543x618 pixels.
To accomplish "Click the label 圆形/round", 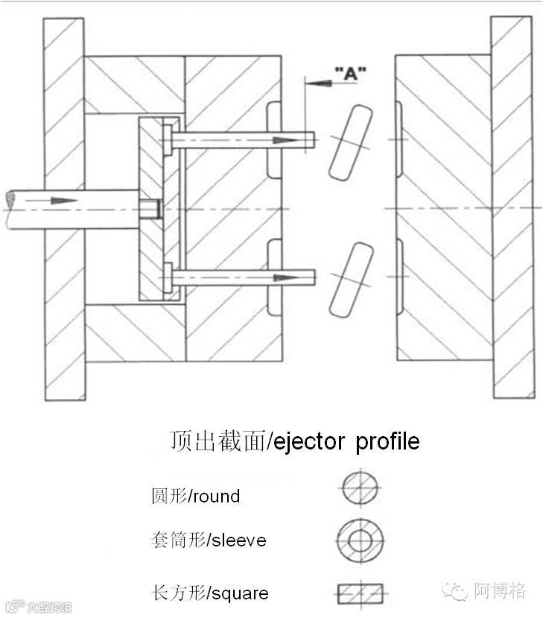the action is pyautogui.click(x=195, y=496).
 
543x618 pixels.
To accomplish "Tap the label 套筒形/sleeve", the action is pyautogui.click(x=208, y=540).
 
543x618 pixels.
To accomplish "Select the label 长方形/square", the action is pyautogui.click(x=209, y=593).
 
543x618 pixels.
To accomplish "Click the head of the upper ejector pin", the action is pyautogui.click(x=168, y=139).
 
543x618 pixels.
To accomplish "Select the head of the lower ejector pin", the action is pyautogui.click(x=168, y=278).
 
